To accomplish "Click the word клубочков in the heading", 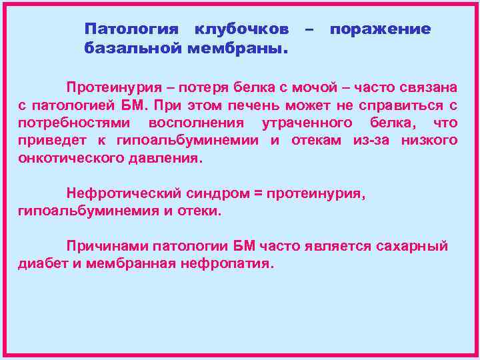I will point(241,30).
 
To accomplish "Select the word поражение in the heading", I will point(381,30).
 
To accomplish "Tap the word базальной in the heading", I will point(133,49).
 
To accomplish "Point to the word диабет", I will point(39,263).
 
